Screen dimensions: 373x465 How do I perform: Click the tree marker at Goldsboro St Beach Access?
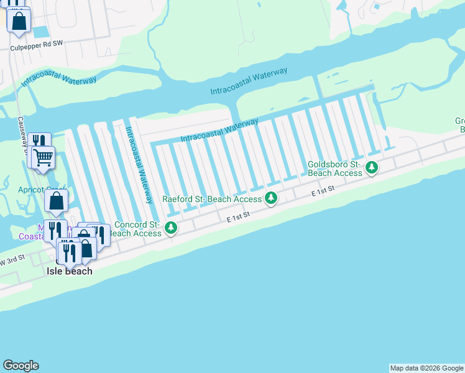coord(372,167)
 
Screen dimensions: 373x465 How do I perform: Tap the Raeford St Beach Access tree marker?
coord(270,198)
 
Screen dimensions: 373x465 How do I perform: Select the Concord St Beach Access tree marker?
coord(171,228)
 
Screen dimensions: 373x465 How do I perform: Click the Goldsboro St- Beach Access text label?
coord(334,168)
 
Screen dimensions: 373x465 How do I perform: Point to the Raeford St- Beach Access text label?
coord(211,200)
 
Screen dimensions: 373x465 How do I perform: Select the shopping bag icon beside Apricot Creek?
coord(57,200)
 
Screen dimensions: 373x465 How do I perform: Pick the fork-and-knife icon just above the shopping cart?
coord(38,140)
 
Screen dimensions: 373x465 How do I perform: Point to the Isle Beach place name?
coord(70,271)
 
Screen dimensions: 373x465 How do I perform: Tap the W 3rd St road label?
coord(12,257)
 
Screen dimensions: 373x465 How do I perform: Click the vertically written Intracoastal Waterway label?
coord(139,165)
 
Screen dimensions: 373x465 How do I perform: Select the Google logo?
coord(21,366)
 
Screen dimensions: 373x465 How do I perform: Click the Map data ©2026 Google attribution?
coord(426,368)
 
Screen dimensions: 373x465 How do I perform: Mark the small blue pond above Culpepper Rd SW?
coord(40,31)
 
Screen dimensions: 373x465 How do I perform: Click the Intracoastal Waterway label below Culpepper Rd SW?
coord(59,81)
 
